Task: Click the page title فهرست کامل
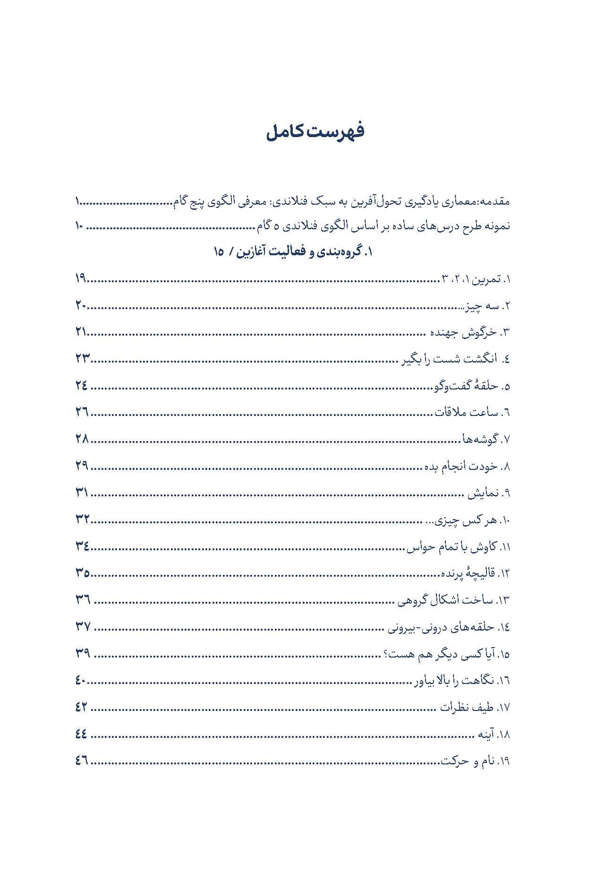315,132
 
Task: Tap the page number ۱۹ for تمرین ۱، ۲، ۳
80,279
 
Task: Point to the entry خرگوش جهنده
463,332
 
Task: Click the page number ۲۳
82,359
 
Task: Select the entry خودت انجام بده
460,466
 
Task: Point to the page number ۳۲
82,520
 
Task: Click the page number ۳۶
83,600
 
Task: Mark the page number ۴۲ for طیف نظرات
81,708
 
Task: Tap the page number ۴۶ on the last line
81,761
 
